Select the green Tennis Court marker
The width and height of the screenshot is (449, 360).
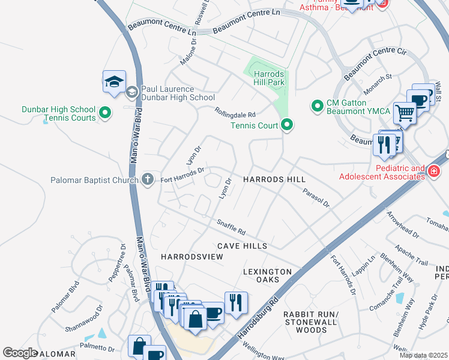288,125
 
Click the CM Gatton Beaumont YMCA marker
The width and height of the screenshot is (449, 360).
316,106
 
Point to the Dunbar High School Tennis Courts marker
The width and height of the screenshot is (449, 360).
106,113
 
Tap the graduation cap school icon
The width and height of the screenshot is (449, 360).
114,83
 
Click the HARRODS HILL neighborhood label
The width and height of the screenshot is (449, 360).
274,179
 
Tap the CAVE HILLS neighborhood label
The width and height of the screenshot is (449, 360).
242,246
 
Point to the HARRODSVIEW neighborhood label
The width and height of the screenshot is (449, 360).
192,257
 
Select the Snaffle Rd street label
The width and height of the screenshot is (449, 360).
231,227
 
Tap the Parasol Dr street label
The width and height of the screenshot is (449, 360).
316,197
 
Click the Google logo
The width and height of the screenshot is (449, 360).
20,353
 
